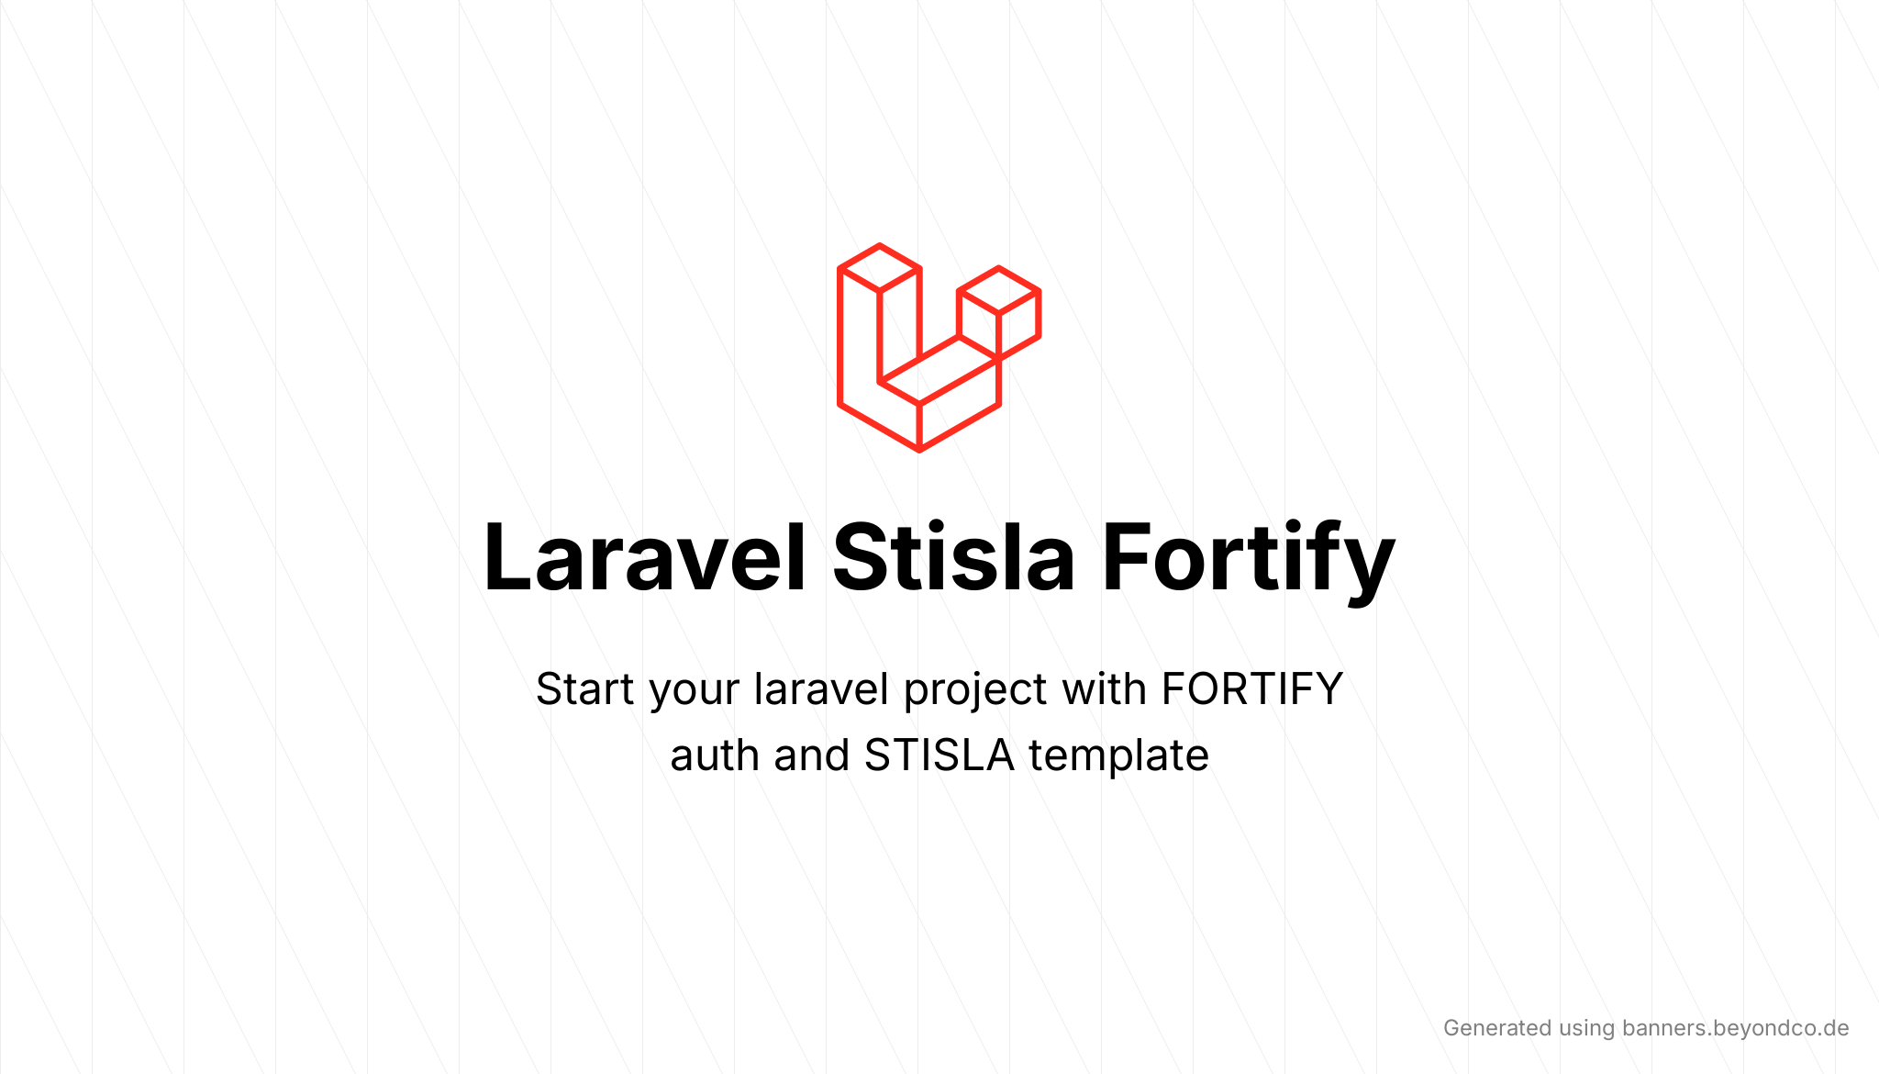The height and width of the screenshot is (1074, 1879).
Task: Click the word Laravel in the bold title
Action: [x=645, y=557]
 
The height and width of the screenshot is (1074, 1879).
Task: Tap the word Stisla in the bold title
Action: [x=953, y=556]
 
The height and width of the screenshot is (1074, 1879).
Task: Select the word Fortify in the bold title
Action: [x=1249, y=562]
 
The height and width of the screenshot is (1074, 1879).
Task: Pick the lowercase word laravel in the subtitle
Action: [x=822, y=689]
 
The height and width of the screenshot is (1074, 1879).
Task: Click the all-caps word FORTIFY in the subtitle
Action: [x=1252, y=689]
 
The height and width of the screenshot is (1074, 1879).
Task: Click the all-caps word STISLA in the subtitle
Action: [x=939, y=755]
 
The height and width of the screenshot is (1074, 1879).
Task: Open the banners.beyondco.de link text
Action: [x=1736, y=1029]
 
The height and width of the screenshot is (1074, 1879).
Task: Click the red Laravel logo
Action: [x=939, y=348]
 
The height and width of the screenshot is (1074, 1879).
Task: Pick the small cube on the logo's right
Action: [x=999, y=313]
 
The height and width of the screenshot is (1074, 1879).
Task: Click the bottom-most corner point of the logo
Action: [x=919, y=451]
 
